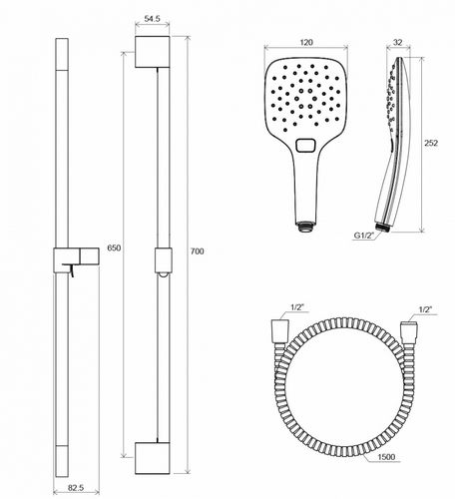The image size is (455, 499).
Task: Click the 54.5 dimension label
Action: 152,19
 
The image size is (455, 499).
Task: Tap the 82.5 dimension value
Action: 76,488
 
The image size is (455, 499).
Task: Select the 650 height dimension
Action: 114,249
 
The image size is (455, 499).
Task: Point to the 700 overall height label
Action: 197,251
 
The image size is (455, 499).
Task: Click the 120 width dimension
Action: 306,43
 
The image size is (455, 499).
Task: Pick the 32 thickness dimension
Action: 397,43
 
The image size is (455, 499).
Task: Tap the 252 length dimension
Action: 431,143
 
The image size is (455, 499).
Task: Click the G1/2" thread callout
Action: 364,236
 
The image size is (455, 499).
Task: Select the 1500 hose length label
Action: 386,457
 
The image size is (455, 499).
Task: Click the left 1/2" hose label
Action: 297,307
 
